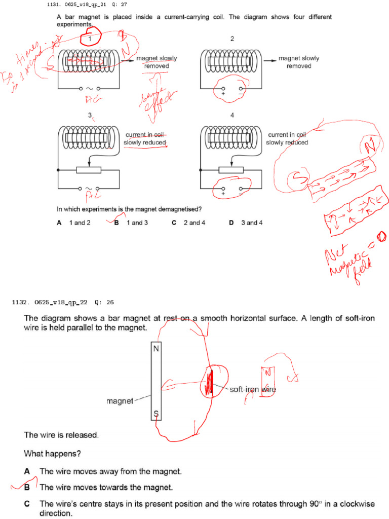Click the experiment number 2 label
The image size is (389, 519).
click(x=232, y=39)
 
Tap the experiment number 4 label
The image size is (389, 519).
click(x=232, y=115)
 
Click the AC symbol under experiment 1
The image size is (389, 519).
click(x=89, y=88)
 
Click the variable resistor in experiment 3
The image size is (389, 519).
click(x=89, y=169)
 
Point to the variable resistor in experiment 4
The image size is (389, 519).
click(x=231, y=169)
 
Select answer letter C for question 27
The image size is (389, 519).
click(x=174, y=223)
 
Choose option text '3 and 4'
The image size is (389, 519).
click(x=252, y=223)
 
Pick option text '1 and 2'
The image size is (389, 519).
click(x=80, y=223)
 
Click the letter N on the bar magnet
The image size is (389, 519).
click(x=155, y=349)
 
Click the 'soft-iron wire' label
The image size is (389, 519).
click(x=253, y=389)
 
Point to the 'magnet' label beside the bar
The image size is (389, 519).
click(x=120, y=401)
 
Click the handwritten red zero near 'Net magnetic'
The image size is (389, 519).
click(x=381, y=235)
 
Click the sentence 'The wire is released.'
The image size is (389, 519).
click(x=61, y=435)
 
